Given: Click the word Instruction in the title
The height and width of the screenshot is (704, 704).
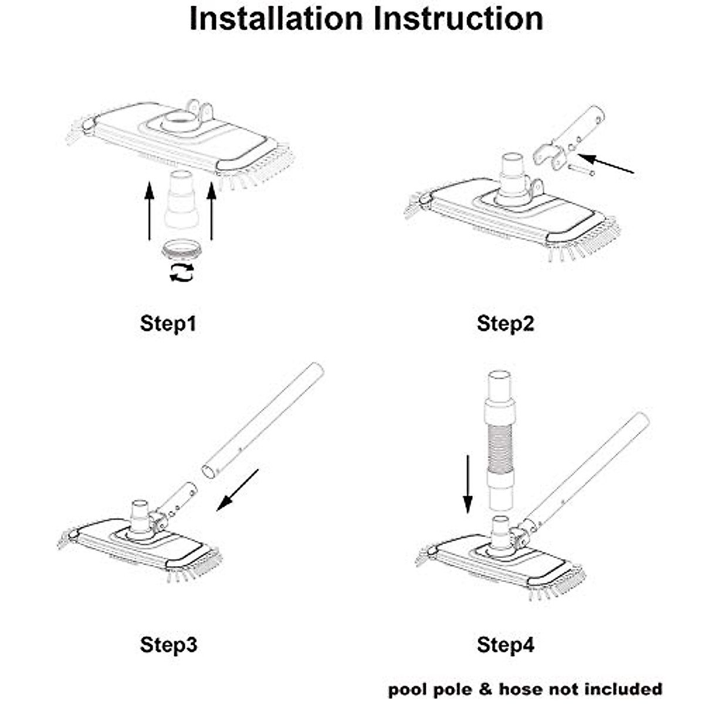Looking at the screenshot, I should click(x=458, y=19).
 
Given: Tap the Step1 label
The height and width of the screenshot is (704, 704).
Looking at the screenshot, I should click(x=168, y=323).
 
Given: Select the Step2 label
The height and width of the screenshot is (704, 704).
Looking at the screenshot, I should click(x=506, y=323).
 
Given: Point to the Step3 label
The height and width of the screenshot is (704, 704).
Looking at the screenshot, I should click(x=168, y=645).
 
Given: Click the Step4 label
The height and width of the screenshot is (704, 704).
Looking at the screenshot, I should click(x=506, y=645).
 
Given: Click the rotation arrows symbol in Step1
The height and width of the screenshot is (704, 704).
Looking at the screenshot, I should click(x=181, y=272).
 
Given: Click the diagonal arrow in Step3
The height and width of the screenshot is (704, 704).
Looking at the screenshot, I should click(x=238, y=489).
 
